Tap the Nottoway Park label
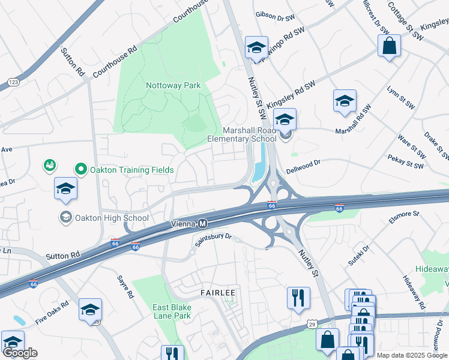173,86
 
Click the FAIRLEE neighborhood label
217,292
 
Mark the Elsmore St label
403,217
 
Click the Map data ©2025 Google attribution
412,355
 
